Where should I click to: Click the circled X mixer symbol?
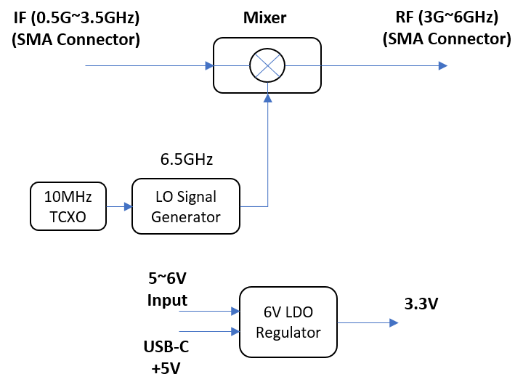coord(267,65)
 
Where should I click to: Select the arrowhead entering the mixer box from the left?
coord(209,65)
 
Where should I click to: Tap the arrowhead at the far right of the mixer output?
coord(443,65)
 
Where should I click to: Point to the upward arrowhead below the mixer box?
coord(268,97)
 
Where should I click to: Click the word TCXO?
coord(68,216)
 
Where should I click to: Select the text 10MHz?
coord(68,197)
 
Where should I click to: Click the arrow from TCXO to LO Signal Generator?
coord(119,206)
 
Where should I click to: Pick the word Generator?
coord(185,216)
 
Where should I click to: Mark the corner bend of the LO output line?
coord(268,206)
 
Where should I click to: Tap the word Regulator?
coord(288,332)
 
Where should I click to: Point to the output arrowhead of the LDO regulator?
coord(394,322)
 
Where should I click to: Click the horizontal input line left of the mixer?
coord(145,65)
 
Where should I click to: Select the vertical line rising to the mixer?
coord(268,153)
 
